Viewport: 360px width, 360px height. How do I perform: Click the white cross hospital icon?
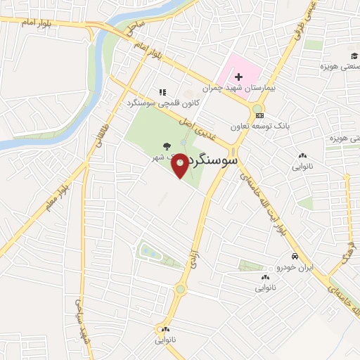(238, 76)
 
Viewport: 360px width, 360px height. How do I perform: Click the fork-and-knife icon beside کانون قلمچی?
(162, 92)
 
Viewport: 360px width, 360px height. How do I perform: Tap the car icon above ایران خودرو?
(297, 257)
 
